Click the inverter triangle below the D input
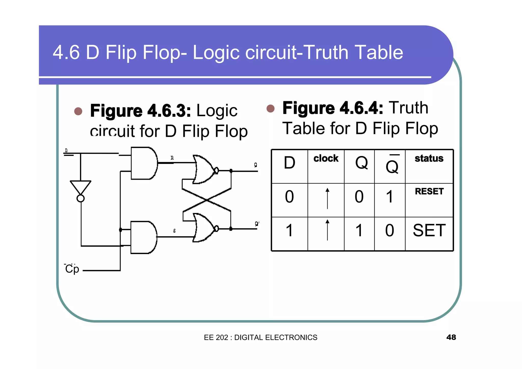point(81,187)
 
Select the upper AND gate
point(144,163)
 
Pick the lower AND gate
point(143,237)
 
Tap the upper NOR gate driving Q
point(204,169)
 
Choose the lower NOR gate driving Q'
point(204,228)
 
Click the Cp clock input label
point(72,269)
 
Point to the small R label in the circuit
point(172,158)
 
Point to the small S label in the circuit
point(174,231)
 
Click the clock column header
point(326,159)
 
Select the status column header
point(429,159)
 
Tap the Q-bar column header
point(392,166)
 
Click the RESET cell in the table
point(429,191)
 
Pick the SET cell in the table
point(429,230)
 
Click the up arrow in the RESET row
point(328,199)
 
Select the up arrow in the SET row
point(328,230)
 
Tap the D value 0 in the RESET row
point(289,197)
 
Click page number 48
point(451,337)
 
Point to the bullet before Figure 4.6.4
point(270,109)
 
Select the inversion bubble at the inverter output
point(81,199)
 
